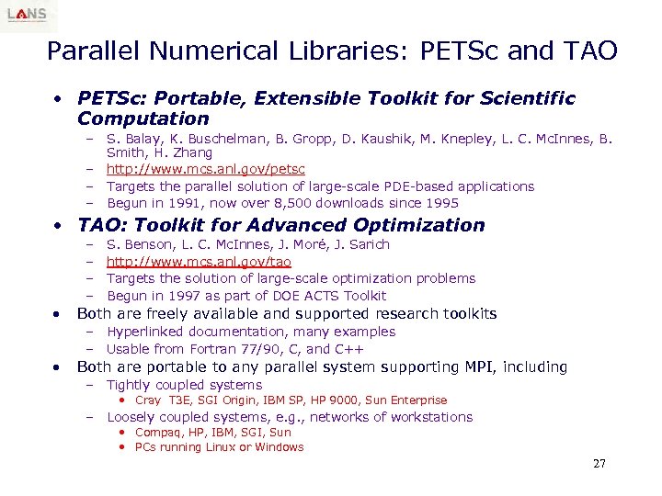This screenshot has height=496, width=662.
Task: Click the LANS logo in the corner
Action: (29, 16)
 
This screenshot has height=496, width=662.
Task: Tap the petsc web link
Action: (205, 170)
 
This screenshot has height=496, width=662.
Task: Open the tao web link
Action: (199, 262)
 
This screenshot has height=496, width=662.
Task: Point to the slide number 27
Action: (599, 464)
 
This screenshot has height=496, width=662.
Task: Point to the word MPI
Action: (478, 367)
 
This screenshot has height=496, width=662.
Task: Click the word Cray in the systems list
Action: (148, 400)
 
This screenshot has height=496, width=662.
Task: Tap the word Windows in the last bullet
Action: (280, 447)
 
